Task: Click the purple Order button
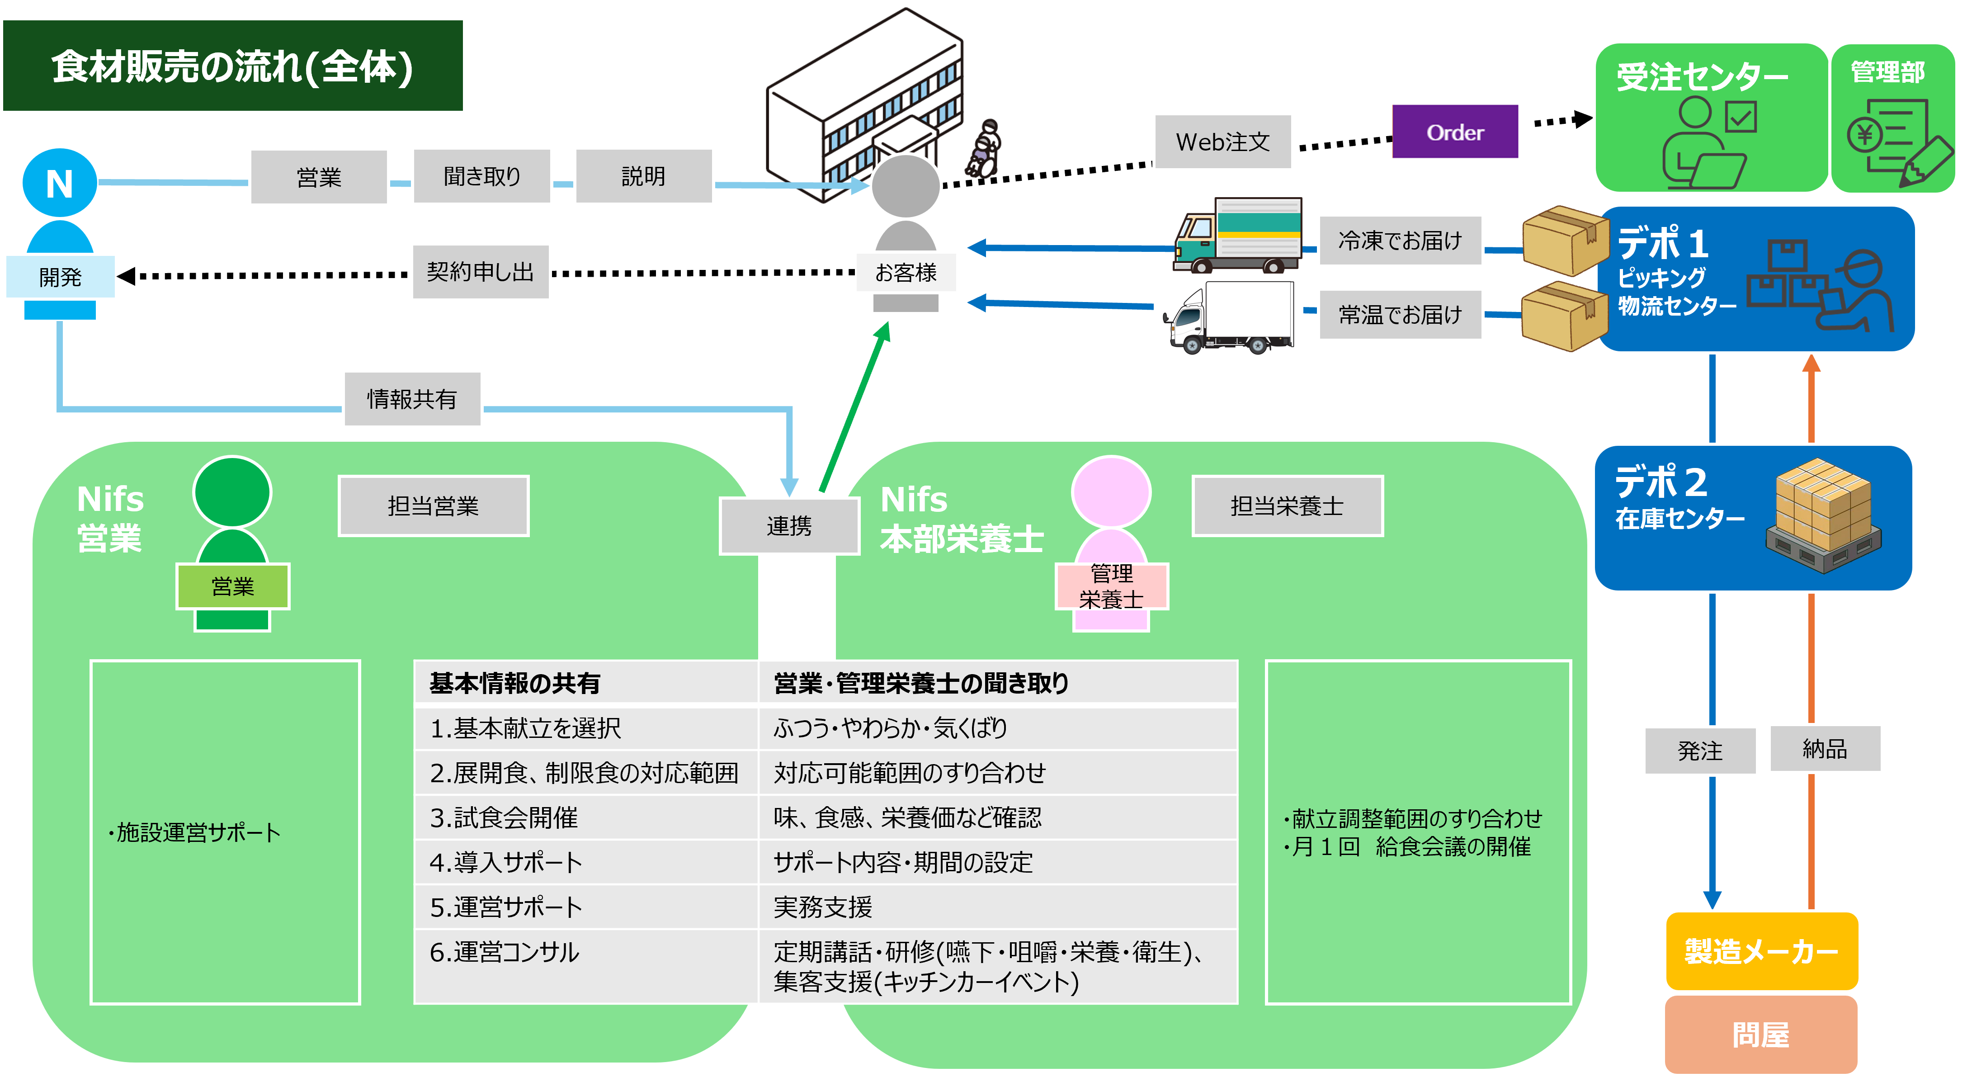(x=1455, y=132)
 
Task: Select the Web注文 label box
(x=1222, y=142)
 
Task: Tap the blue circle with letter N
(x=60, y=183)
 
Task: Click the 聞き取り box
(x=481, y=177)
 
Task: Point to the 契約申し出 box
(x=480, y=272)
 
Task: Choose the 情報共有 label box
(x=412, y=399)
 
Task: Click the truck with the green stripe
(x=1238, y=235)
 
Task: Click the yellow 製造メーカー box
(x=1761, y=951)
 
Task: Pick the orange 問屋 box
(x=1761, y=1035)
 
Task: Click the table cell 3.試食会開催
(x=585, y=817)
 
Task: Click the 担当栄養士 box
(x=1287, y=506)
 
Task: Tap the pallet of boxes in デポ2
(x=1823, y=515)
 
